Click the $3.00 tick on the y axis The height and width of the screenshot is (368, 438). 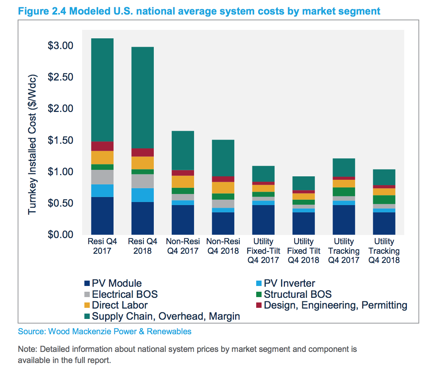coord(60,46)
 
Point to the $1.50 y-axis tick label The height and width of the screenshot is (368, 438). coord(60,140)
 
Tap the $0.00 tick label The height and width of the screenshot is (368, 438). coord(60,234)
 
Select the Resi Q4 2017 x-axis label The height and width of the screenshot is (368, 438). coord(102,246)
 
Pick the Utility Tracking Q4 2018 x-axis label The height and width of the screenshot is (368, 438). coord(384,251)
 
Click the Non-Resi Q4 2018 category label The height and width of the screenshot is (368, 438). coord(223,246)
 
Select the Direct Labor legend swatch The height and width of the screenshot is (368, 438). coord(87,306)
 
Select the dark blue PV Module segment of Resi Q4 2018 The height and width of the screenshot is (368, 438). coord(142,218)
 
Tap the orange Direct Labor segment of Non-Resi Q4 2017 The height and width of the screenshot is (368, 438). coord(183,182)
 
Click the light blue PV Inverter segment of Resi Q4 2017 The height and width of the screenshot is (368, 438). coord(102,191)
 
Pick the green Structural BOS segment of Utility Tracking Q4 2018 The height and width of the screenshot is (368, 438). coord(384,200)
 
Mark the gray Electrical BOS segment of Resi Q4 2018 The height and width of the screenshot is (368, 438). coord(142,181)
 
